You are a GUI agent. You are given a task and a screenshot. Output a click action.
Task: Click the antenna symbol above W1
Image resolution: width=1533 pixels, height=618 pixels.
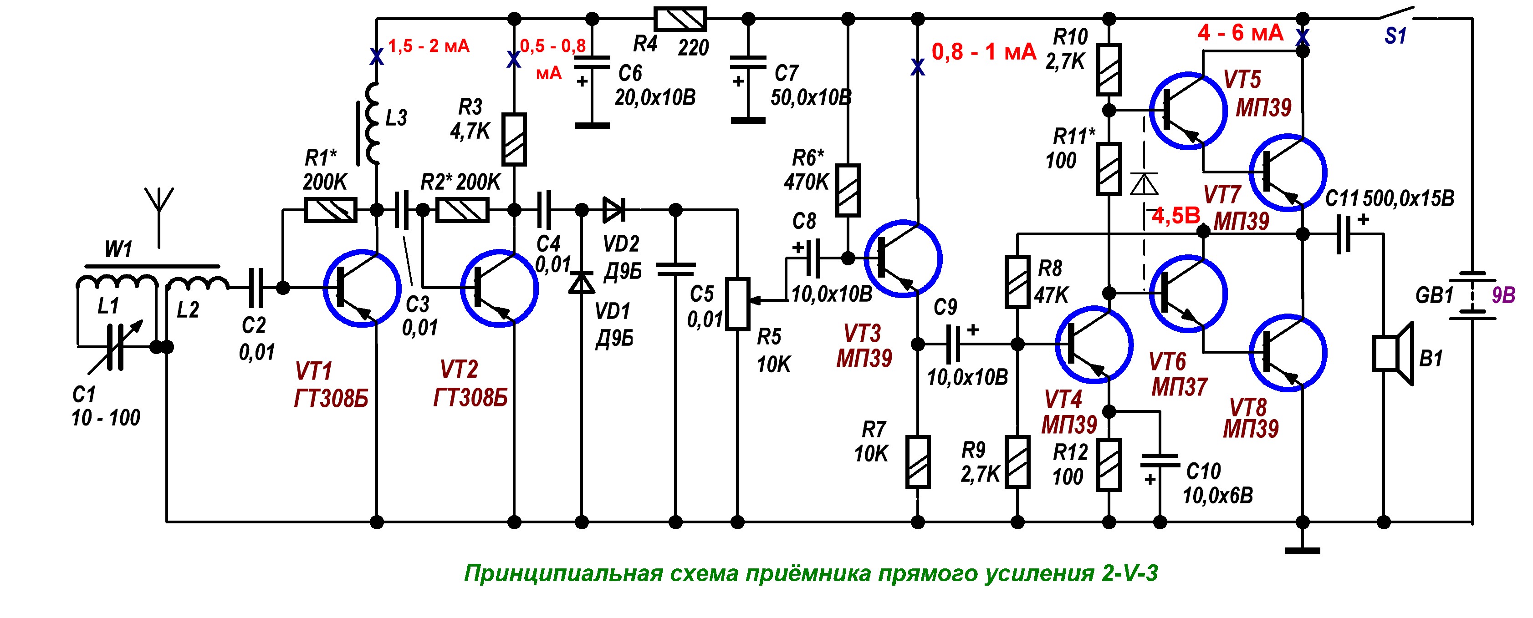tap(159, 205)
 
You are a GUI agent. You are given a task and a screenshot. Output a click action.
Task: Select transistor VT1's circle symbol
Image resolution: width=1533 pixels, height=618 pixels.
tap(362, 289)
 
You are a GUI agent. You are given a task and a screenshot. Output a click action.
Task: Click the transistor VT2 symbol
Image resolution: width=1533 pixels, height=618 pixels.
tap(500, 289)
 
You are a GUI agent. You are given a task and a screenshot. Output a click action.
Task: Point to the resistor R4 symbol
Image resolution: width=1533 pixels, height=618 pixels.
tap(680, 19)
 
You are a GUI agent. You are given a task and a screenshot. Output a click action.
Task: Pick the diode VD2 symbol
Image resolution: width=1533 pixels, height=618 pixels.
tap(613, 209)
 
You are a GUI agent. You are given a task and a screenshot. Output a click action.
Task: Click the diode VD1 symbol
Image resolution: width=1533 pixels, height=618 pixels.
tap(582, 283)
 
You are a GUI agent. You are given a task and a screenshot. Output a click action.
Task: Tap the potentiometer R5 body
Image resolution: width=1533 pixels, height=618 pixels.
tap(737, 304)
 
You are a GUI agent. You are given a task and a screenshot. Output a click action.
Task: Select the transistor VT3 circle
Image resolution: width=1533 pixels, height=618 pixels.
tap(902, 259)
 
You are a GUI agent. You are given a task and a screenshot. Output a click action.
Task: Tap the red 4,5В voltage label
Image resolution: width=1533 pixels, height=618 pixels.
tap(1176, 216)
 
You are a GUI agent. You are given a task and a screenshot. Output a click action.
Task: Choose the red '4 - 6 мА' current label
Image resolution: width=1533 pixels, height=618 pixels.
tap(1240, 33)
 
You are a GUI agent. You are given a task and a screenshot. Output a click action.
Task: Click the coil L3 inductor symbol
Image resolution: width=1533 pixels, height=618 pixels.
tap(373, 124)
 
